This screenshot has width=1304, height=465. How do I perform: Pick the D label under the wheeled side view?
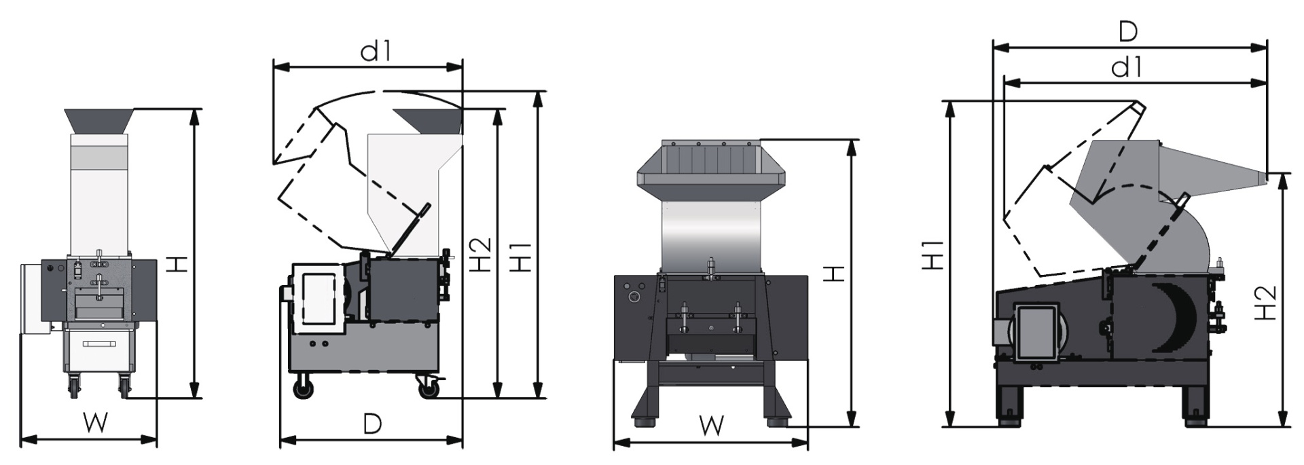pos(372,424)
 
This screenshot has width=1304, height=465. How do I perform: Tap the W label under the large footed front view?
pos(711,426)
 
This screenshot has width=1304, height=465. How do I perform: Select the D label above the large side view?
pos(1128,31)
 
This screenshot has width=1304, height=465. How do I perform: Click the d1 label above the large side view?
pos(1128,67)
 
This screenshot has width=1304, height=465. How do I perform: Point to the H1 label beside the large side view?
pos(934,255)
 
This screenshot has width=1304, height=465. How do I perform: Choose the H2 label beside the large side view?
pos(1265,303)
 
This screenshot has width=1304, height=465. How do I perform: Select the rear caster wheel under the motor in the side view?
pos(303,390)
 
